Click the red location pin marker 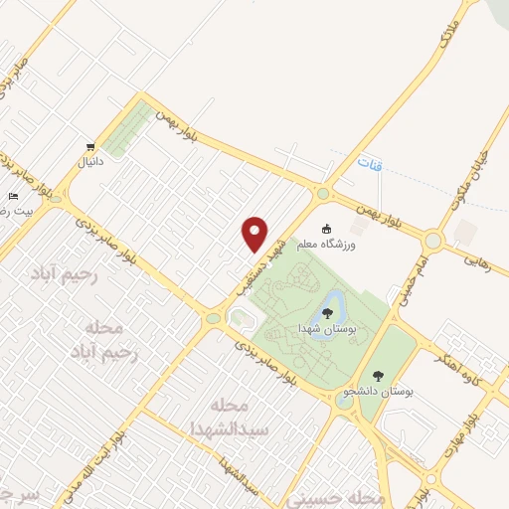point(254,234)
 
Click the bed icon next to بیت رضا point(13,197)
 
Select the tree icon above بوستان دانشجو point(377,376)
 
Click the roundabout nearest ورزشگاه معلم point(322,194)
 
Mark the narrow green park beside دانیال point(127,128)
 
